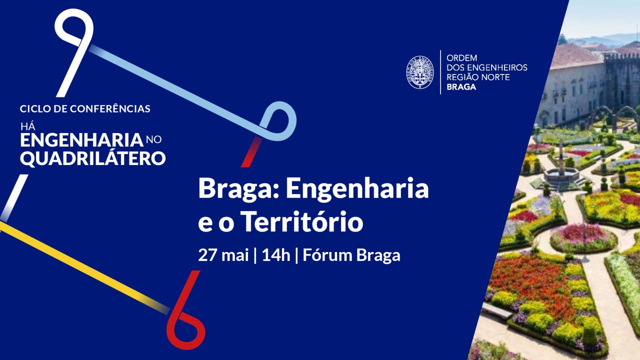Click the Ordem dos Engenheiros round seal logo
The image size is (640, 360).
[420, 72]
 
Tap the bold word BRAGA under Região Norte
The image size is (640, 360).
[461, 87]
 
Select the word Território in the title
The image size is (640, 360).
[303, 221]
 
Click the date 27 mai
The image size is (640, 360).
[223, 255]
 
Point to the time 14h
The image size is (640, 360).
[276, 255]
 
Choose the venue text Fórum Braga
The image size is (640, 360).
[351, 255]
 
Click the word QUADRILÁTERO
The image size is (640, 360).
[93, 158]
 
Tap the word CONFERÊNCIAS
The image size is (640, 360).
[110, 108]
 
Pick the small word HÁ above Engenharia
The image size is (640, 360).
[27, 126]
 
